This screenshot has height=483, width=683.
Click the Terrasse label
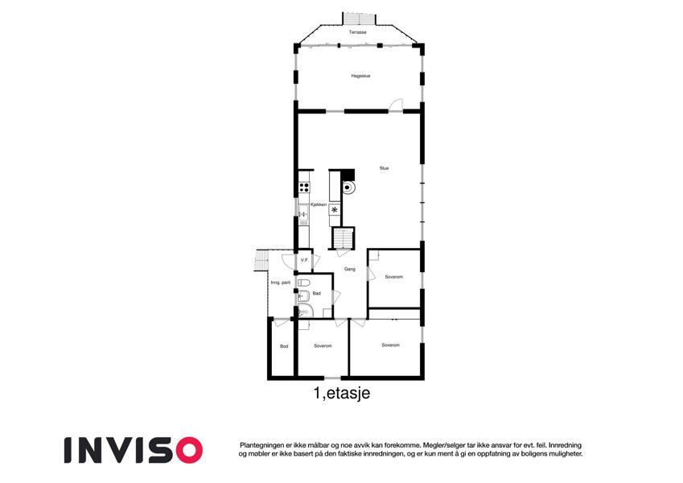click(357, 32)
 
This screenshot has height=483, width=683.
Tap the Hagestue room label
click(360, 76)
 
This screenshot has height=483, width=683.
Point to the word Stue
click(384, 167)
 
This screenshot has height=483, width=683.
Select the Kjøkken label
click(319, 204)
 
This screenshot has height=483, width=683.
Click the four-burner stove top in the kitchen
click(304, 188)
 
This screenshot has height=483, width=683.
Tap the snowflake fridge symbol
click(335, 209)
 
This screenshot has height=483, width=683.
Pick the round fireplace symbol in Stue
click(348, 188)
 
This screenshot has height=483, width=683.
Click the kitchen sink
click(303, 212)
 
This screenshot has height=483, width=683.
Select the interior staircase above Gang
click(344, 238)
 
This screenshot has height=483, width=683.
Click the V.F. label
click(304, 260)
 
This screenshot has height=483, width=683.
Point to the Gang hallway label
click(349, 269)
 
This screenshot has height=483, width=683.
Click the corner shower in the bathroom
click(305, 311)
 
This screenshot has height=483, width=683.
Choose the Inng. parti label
click(281, 283)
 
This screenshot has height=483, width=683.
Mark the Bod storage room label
click(284, 346)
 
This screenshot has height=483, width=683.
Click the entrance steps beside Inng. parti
click(261, 260)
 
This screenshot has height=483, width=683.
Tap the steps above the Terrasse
click(359, 19)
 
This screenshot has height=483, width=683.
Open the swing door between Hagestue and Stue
click(396, 106)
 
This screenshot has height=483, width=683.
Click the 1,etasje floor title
click(342, 393)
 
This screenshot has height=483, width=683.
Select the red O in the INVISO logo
click(186, 450)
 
